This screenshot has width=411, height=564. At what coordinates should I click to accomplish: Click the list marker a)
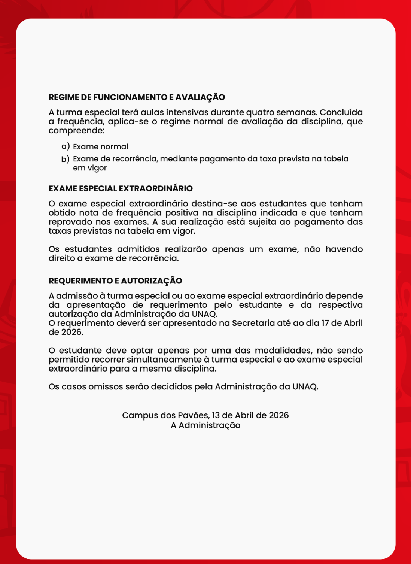(66, 146)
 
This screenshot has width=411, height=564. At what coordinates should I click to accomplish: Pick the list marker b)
(66, 159)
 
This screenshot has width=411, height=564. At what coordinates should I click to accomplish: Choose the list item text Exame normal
(101, 147)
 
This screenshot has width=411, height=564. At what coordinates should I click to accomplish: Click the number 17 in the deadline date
(325, 323)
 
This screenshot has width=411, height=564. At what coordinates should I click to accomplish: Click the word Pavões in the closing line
(193, 415)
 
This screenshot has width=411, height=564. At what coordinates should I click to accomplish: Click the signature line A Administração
(206, 425)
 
